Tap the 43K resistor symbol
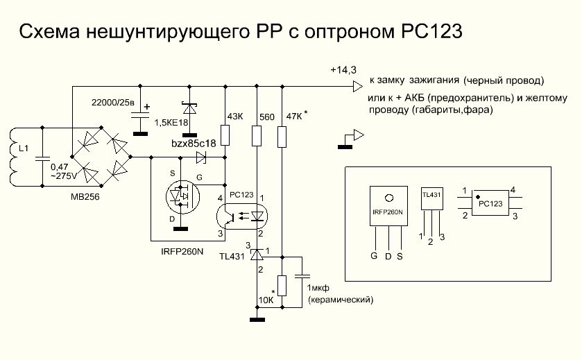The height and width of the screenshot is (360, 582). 225,133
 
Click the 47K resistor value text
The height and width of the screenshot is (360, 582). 293,117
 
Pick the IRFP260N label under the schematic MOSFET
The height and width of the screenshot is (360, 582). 176,252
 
